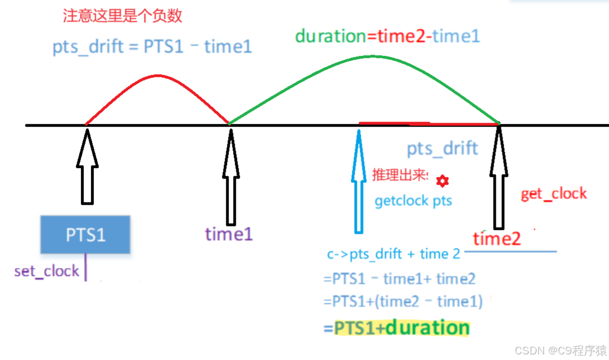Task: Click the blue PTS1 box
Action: pyautogui.click(x=85, y=234)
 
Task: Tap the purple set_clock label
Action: pyautogui.click(x=47, y=271)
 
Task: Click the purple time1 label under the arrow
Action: pyautogui.click(x=229, y=233)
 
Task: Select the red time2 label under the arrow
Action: pyautogui.click(x=497, y=239)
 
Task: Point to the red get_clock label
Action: pyautogui.click(x=553, y=194)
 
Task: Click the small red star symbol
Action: pyautogui.click(x=442, y=180)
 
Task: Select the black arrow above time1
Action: pyautogui.click(x=230, y=167)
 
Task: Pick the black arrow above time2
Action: pyautogui.click(x=499, y=173)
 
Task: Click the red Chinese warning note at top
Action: pyautogui.click(x=123, y=16)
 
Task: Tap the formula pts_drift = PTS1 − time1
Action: pyautogui.click(x=152, y=46)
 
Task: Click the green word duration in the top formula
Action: pyautogui.click(x=330, y=36)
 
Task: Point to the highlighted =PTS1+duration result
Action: pyautogui.click(x=397, y=328)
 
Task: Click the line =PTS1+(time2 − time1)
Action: pyautogui.click(x=403, y=302)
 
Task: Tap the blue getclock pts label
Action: pyautogui.click(x=413, y=201)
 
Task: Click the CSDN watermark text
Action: pyautogui.click(x=560, y=351)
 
